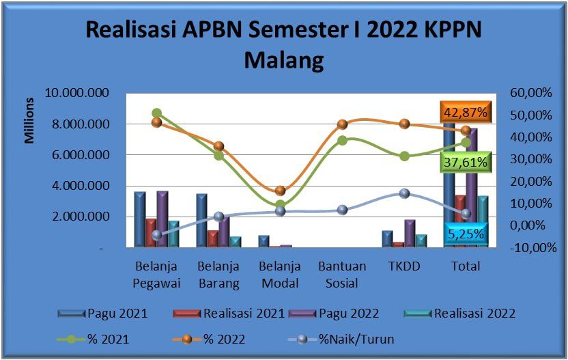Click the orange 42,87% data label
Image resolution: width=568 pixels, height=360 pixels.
click(466, 112)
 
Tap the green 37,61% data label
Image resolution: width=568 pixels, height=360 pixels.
click(466, 162)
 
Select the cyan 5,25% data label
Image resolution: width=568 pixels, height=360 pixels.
click(466, 234)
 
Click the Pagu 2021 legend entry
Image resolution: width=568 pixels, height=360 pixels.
click(102, 314)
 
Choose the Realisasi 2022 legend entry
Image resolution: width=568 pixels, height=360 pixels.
click(459, 314)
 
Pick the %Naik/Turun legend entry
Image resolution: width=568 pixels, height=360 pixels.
click(341, 340)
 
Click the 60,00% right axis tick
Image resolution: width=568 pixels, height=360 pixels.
click(530, 93)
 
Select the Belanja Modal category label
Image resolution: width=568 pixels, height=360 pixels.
click(280, 275)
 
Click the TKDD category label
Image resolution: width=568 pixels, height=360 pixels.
click(404, 266)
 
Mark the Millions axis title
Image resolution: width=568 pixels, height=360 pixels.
click(29, 121)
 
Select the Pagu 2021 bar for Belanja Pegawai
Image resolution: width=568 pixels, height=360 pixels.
click(140, 219)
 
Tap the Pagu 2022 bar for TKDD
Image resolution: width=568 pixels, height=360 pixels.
click(410, 234)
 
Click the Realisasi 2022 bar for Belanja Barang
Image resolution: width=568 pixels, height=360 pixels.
click(236, 243)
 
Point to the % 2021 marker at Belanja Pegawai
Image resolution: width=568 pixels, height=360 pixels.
click(157, 113)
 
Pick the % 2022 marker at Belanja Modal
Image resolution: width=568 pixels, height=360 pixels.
click(281, 191)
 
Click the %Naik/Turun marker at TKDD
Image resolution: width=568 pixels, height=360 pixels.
click(405, 193)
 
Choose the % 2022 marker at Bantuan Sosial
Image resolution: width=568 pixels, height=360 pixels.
click(342, 124)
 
